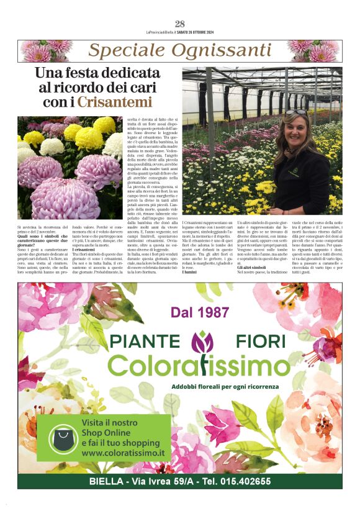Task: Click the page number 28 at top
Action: (180, 24)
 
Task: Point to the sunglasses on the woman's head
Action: (297, 112)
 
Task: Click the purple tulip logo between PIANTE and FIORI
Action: (203, 341)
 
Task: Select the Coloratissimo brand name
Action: (199, 366)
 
